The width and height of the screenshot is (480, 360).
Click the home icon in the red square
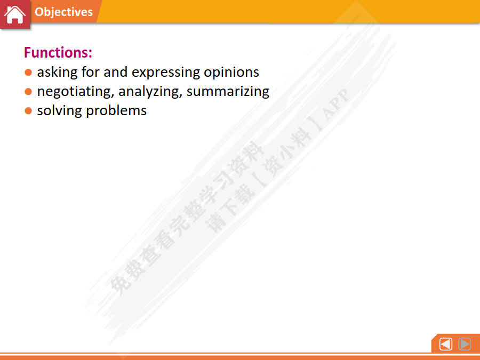(x=15, y=14)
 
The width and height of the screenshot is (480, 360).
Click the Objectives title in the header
(x=63, y=12)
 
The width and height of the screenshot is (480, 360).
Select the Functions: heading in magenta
(x=58, y=52)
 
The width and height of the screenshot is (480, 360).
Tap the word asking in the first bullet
(x=57, y=73)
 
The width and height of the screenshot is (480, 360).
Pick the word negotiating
(x=76, y=92)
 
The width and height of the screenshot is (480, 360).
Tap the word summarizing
(x=228, y=92)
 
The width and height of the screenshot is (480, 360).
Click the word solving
(x=59, y=110)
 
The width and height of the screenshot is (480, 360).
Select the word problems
(x=116, y=111)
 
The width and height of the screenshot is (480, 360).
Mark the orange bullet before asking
(x=28, y=72)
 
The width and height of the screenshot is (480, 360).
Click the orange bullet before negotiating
(x=28, y=92)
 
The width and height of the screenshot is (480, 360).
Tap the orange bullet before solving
(x=28, y=110)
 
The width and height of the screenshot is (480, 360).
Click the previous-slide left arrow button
(x=446, y=344)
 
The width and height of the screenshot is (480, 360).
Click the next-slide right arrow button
(x=465, y=344)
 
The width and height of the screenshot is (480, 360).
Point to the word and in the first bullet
(x=115, y=72)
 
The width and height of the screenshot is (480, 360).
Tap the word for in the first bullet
(x=91, y=72)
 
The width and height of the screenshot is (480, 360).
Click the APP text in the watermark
(x=335, y=104)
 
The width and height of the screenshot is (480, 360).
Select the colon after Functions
(x=90, y=53)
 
